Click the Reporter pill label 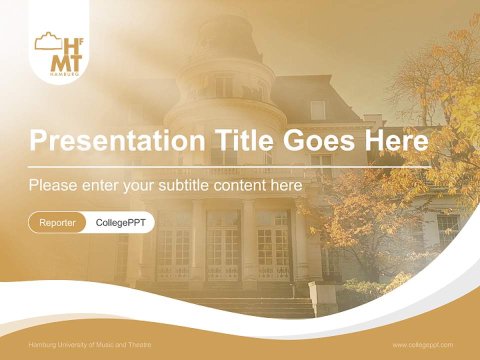57,222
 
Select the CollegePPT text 120,222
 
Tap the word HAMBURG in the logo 64,74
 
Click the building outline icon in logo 48,41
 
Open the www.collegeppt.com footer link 422,345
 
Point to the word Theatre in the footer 139,345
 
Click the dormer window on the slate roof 317,110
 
